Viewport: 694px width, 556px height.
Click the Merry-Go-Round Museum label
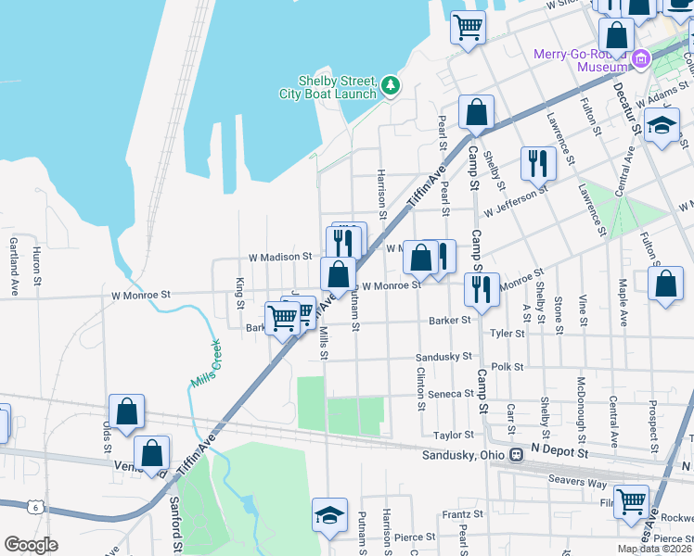click(x=582, y=59)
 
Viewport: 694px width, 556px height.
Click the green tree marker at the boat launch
click(x=392, y=86)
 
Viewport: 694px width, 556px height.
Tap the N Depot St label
click(x=561, y=450)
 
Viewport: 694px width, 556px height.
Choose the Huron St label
click(x=38, y=266)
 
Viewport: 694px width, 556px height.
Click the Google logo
click(x=31, y=544)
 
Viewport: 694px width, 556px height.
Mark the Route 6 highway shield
click(x=34, y=507)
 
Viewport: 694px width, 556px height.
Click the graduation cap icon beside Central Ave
click(x=662, y=126)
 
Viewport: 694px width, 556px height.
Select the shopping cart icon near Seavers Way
click(x=632, y=501)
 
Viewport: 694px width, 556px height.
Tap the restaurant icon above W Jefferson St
click(x=538, y=163)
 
